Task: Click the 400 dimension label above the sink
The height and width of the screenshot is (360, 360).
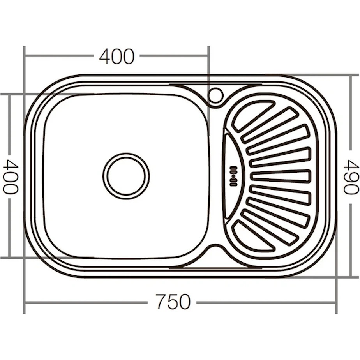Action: point(116,56)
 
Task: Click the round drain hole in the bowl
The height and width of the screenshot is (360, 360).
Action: point(126,176)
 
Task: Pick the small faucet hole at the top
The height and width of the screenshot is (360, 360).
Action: point(216,95)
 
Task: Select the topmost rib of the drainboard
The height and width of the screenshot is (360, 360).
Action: point(254,115)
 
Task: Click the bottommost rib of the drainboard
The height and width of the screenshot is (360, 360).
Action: point(254,236)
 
